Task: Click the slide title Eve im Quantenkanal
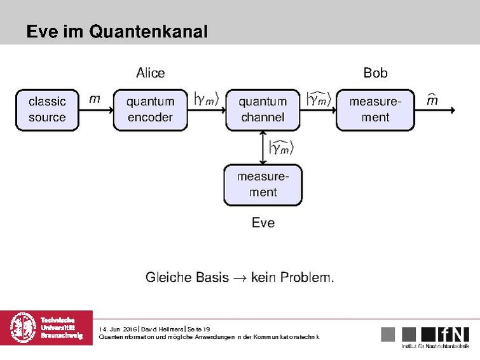pyautogui.click(x=117, y=32)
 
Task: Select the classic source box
pyautogui.click(x=47, y=109)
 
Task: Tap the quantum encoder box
pyautogui.click(x=150, y=109)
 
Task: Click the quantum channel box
pyautogui.click(x=263, y=109)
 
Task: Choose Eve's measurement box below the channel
pyautogui.click(x=263, y=184)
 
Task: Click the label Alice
pyautogui.click(x=150, y=73)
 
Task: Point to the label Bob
pyautogui.click(x=375, y=73)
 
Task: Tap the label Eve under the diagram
pyautogui.click(x=263, y=223)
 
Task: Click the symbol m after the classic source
pyautogui.click(x=94, y=99)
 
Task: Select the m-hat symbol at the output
pyautogui.click(x=432, y=100)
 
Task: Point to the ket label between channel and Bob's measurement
pyautogui.click(x=319, y=99)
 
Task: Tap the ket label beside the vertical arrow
pyautogui.click(x=282, y=148)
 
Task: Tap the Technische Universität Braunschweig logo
pyautogui.click(x=46, y=328)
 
